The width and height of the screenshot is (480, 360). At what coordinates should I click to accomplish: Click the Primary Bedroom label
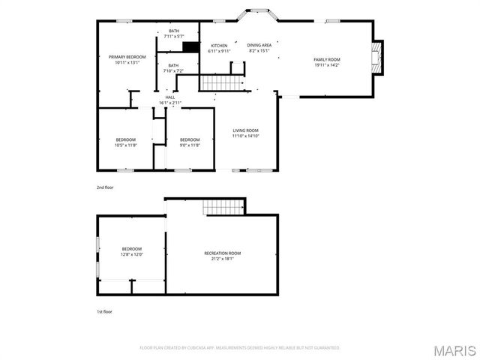point(127,60)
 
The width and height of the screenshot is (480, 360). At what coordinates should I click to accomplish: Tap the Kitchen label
point(219,48)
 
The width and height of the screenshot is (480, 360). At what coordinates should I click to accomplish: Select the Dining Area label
point(259,48)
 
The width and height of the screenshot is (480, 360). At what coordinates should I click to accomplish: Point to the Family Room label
point(326,62)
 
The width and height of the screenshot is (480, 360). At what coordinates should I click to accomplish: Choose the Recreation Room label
point(223,256)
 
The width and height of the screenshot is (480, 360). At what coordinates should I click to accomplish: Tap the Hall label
point(170,100)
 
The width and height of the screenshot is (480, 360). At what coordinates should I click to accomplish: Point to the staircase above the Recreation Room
point(225,206)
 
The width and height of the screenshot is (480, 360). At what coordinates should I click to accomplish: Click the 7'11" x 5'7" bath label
point(174,33)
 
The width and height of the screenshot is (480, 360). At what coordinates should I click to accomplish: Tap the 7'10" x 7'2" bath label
point(174,68)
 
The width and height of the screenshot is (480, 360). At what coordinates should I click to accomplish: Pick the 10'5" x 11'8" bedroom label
point(126,142)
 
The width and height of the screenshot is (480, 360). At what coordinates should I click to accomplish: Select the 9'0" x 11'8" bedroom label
point(190,142)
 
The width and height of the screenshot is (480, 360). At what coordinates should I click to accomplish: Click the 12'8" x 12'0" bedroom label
point(132,252)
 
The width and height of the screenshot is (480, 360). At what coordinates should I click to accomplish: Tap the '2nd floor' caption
point(104,187)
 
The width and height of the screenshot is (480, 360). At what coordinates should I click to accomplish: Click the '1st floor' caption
point(104,309)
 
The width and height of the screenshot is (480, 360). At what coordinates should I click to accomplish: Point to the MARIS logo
point(454,350)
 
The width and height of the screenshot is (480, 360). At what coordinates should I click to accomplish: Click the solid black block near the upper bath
point(191,47)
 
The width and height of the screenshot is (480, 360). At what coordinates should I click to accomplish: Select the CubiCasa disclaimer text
point(240,348)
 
